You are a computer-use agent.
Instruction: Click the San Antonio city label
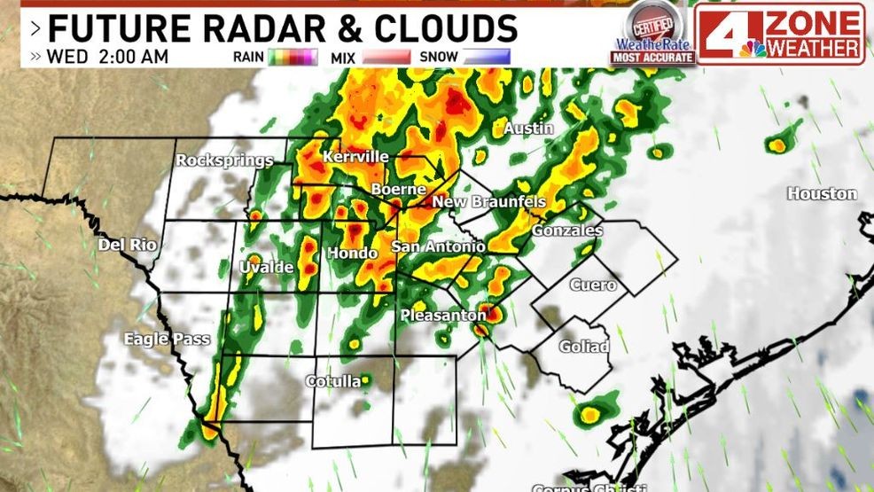(x=438, y=246)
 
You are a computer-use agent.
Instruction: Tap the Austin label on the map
(x=528, y=129)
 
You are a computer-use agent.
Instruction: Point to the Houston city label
(x=822, y=193)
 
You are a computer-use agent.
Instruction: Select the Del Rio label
(x=121, y=244)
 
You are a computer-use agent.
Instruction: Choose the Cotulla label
(x=332, y=381)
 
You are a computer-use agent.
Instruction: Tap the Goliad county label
(x=583, y=346)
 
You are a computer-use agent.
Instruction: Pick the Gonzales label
(x=566, y=230)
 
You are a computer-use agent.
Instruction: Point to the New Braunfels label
(x=488, y=202)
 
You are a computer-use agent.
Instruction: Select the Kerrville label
(x=355, y=157)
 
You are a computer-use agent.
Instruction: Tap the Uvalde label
(x=266, y=267)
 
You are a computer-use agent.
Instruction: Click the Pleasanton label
(x=442, y=315)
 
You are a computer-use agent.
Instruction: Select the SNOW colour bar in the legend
(x=487, y=58)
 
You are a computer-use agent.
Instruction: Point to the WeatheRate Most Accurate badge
(x=652, y=34)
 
